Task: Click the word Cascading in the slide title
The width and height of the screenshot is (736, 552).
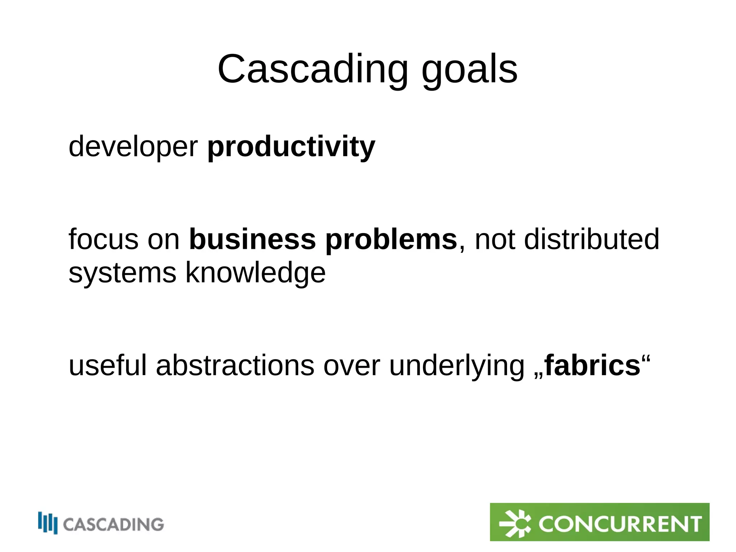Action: tap(313, 69)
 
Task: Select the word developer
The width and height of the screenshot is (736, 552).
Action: tap(133, 147)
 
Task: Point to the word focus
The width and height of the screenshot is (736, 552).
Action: tap(103, 239)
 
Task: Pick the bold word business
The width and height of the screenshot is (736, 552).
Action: tap(252, 239)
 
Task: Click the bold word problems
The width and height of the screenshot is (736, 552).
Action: tap(391, 239)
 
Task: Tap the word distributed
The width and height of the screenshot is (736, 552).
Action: tap(592, 239)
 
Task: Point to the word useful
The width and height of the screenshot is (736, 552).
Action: tap(108, 366)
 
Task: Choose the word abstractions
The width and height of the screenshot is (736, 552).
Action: tap(235, 366)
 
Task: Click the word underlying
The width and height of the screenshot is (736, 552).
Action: tap(457, 366)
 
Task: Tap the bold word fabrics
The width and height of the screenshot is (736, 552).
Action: tap(592, 366)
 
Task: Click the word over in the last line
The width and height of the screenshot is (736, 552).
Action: tap(351, 366)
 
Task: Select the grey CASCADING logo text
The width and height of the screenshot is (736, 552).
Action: tap(114, 524)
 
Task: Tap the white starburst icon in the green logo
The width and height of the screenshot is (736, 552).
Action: tap(515, 523)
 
